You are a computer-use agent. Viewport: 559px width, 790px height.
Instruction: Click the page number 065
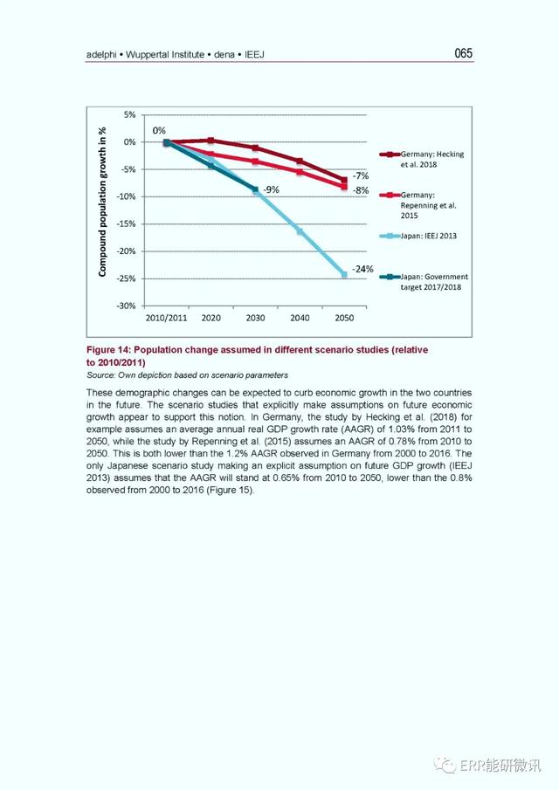point(463,53)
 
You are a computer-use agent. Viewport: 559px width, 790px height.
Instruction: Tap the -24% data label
point(362,269)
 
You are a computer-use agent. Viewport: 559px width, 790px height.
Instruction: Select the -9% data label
point(271,189)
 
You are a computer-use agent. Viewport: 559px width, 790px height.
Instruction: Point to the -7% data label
point(361,175)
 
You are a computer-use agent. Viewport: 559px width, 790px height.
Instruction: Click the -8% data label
point(361,190)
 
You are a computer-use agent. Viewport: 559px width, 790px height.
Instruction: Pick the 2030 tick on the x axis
point(255,318)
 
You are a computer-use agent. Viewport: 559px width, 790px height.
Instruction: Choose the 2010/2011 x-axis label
point(166,318)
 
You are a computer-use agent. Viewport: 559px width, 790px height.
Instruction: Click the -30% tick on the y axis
point(126,306)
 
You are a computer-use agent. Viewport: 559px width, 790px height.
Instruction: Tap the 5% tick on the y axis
point(130,115)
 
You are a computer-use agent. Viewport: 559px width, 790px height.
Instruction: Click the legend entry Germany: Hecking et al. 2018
point(422,159)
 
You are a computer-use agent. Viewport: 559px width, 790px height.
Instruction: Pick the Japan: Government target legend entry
point(424,282)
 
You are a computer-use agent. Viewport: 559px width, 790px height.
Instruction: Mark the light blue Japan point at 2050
point(344,275)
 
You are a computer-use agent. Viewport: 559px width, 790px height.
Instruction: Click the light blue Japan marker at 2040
point(300,231)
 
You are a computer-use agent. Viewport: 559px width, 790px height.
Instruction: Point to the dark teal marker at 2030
point(255,189)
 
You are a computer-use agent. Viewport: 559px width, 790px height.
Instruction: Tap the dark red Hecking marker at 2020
point(210,141)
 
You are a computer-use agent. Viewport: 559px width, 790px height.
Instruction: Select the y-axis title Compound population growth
point(103,202)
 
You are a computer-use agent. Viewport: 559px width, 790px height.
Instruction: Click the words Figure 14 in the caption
point(109,350)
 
